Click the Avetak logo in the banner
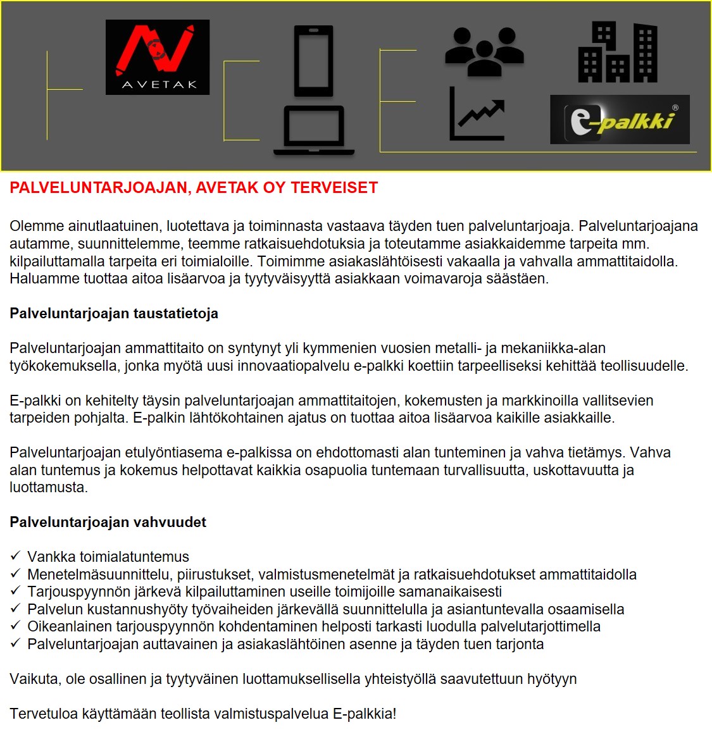(157, 57)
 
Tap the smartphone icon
(313, 61)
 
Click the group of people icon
(484, 51)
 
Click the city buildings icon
(617, 53)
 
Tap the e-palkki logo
(620, 120)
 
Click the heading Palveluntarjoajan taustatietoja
(114, 314)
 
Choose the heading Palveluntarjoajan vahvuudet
(108, 523)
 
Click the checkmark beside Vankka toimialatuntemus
(16, 556)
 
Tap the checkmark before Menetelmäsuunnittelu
(16, 574)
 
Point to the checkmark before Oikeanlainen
(16, 626)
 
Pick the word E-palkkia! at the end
(365, 714)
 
